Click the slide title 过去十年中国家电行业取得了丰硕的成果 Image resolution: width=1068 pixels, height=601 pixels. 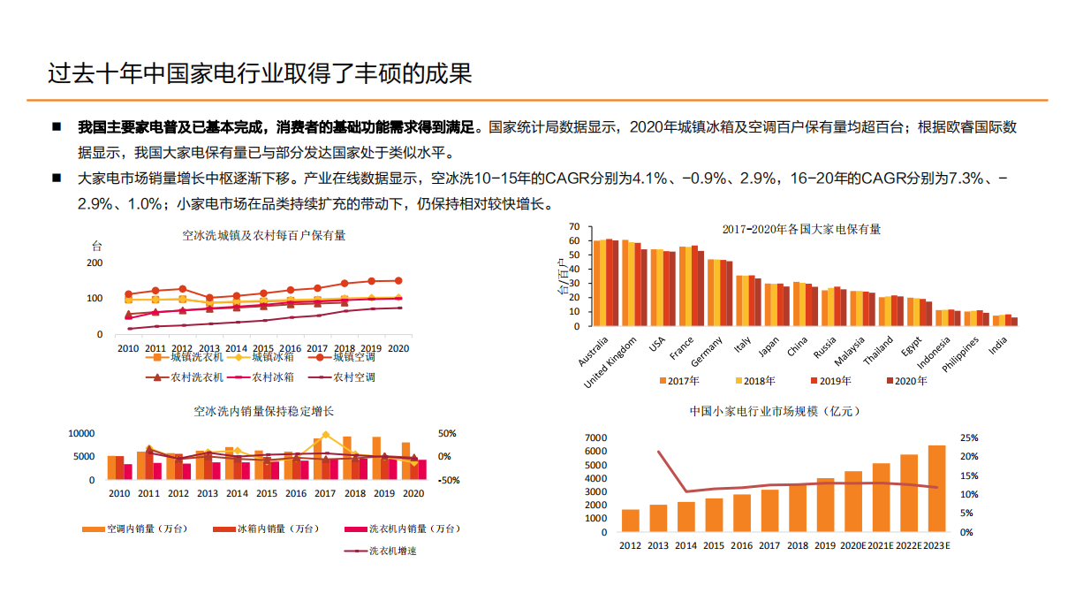[260, 72]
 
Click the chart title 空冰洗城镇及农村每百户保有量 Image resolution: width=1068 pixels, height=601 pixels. [264, 236]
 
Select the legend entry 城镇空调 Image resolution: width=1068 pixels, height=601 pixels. [349, 357]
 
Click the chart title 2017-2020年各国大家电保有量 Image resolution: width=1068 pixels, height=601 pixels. [800, 229]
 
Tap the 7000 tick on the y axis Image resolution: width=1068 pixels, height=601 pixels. [596, 438]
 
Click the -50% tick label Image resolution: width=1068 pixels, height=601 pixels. [447, 480]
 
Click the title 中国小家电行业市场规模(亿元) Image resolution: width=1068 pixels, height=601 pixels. [774, 412]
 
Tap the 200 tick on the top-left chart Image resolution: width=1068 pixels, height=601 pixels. [94, 262]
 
